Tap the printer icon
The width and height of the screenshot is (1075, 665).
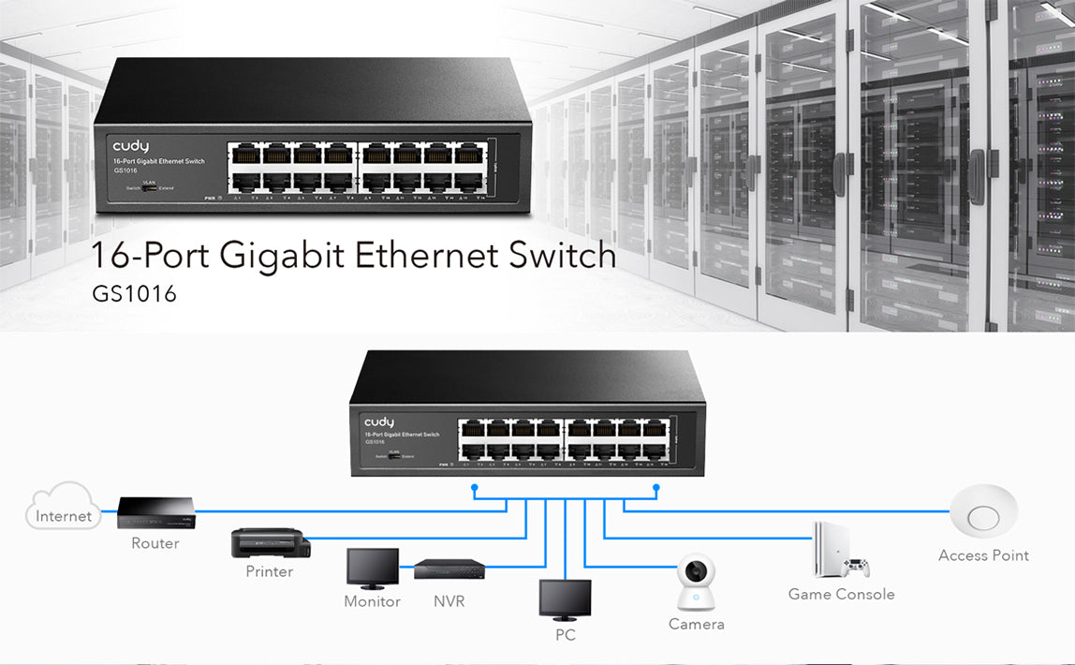[x=269, y=542]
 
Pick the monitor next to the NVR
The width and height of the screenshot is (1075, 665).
[x=372, y=569]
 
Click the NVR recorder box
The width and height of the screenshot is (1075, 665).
[x=449, y=568]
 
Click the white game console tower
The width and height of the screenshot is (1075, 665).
[x=830, y=549]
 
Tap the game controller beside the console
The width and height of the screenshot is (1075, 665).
[x=856, y=568]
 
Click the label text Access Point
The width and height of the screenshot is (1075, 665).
[x=983, y=555]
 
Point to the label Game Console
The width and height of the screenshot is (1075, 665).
[x=841, y=594]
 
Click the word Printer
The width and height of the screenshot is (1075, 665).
[x=269, y=571]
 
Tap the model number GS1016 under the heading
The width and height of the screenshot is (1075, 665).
[x=134, y=294]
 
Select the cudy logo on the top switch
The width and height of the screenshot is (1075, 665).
[x=131, y=146]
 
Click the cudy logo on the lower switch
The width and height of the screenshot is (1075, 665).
[x=379, y=422]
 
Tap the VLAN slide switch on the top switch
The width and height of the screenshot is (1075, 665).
[x=149, y=188]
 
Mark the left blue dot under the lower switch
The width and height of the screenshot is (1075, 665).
[x=475, y=487]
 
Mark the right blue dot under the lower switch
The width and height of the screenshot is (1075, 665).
[x=656, y=487]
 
